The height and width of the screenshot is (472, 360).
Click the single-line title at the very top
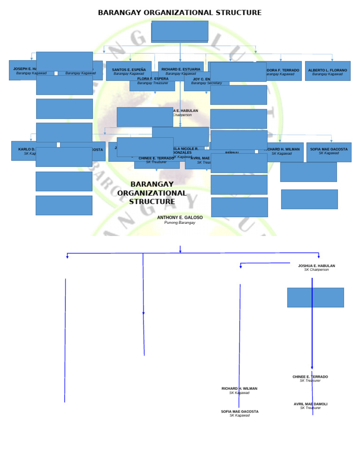pos(180,13)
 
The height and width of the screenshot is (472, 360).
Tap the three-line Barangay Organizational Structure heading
pos(152,193)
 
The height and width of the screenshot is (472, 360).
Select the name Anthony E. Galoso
pos(180,218)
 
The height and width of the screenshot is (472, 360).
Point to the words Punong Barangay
pos(180,223)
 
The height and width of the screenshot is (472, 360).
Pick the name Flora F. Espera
pos(153,79)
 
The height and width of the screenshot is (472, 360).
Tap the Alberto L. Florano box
pos(328,71)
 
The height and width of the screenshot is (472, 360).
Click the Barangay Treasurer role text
pos(153,83)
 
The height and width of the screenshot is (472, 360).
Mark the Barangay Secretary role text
pos(206,83)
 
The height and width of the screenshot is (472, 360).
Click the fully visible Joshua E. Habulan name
pos(316,266)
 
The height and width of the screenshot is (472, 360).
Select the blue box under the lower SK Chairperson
pos(315,297)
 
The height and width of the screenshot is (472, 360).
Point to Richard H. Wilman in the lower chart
pos(240,388)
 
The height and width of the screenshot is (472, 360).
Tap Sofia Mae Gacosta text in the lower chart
pos(240,411)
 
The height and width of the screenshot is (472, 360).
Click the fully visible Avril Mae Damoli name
pos(310,404)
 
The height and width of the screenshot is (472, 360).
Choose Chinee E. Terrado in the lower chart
pos(310,377)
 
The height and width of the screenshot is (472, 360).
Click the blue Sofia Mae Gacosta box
pos(329,152)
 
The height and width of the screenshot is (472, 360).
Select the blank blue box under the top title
pos(180,31)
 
